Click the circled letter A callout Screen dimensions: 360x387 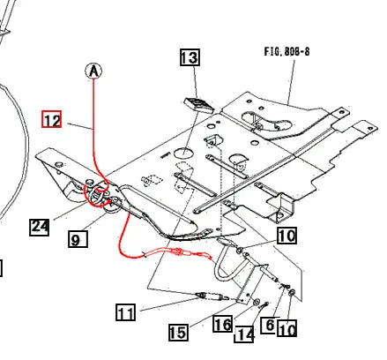(x=94, y=71)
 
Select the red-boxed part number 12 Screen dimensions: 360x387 (x=52, y=118)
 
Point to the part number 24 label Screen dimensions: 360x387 (x=39, y=227)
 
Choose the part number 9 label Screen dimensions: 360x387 (x=77, y=238)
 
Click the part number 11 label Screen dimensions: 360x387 (x=126, y=311)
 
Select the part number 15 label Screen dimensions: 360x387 (x=178, y=332)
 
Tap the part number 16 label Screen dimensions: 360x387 (x=224, y=325)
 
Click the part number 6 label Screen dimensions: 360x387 (x=271, y=325)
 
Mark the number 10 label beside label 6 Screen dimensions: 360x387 (x=287, y=330)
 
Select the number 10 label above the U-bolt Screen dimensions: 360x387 (x=287, y=236)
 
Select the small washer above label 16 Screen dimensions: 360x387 (x=254, y=304)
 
